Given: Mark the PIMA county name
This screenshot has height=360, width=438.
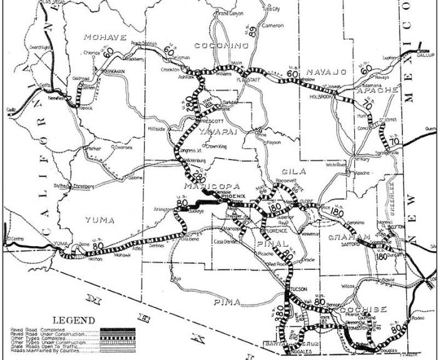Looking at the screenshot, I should pos(227,302).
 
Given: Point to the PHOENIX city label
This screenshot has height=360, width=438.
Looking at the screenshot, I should pos(236,195).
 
